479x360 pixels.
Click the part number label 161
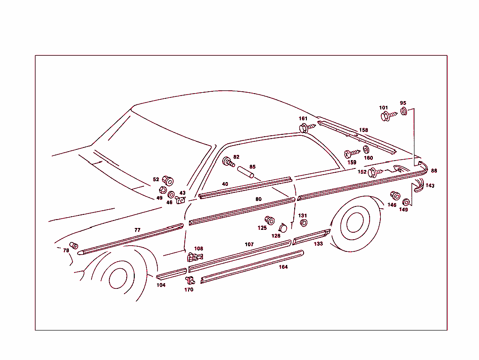[304, 118]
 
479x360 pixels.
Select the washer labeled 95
[405, 112]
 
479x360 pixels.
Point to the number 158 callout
[363, 130]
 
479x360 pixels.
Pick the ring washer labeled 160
[366, 149]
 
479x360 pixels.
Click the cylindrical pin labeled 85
[246, 172]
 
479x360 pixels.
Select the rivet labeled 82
[228, 162]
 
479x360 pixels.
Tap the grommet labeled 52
[167, 180]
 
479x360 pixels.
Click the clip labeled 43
[180, 200]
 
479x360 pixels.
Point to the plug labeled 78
[74, 246]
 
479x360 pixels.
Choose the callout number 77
[138, 230]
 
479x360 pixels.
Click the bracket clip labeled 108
[195, 257]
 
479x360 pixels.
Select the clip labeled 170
[190, 280]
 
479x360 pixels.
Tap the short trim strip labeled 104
[171, 274]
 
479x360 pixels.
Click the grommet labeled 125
[269, 220]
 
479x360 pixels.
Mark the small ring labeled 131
[303, 223]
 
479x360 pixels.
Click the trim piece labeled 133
[311, 237]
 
